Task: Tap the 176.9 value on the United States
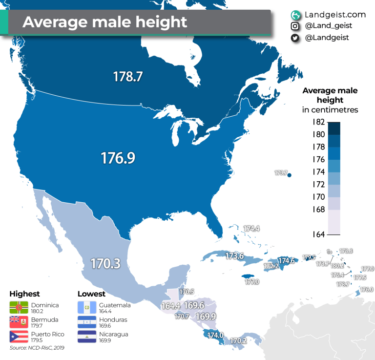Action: [x=118, y=158]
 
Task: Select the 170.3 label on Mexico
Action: [x=105, y=263]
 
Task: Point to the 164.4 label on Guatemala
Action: [x=171, y=306]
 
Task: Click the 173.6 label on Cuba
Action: [x=235, y=255]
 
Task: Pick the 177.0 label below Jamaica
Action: [x=252, y=282]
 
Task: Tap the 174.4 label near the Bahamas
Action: [x=252, y=228]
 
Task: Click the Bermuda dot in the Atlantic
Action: [x=290, y=175]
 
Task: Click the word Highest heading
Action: [x=24, y=294]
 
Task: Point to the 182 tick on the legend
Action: [x=318, y=122]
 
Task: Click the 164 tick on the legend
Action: [x=318, y=234]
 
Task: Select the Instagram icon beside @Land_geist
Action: [x=295, y=26]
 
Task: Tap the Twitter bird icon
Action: [x=295, y=38]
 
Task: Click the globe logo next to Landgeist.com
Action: [x=295, y=15]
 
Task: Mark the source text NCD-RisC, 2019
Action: [x=37, y=348]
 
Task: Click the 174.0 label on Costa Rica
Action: [x=215, y=335]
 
